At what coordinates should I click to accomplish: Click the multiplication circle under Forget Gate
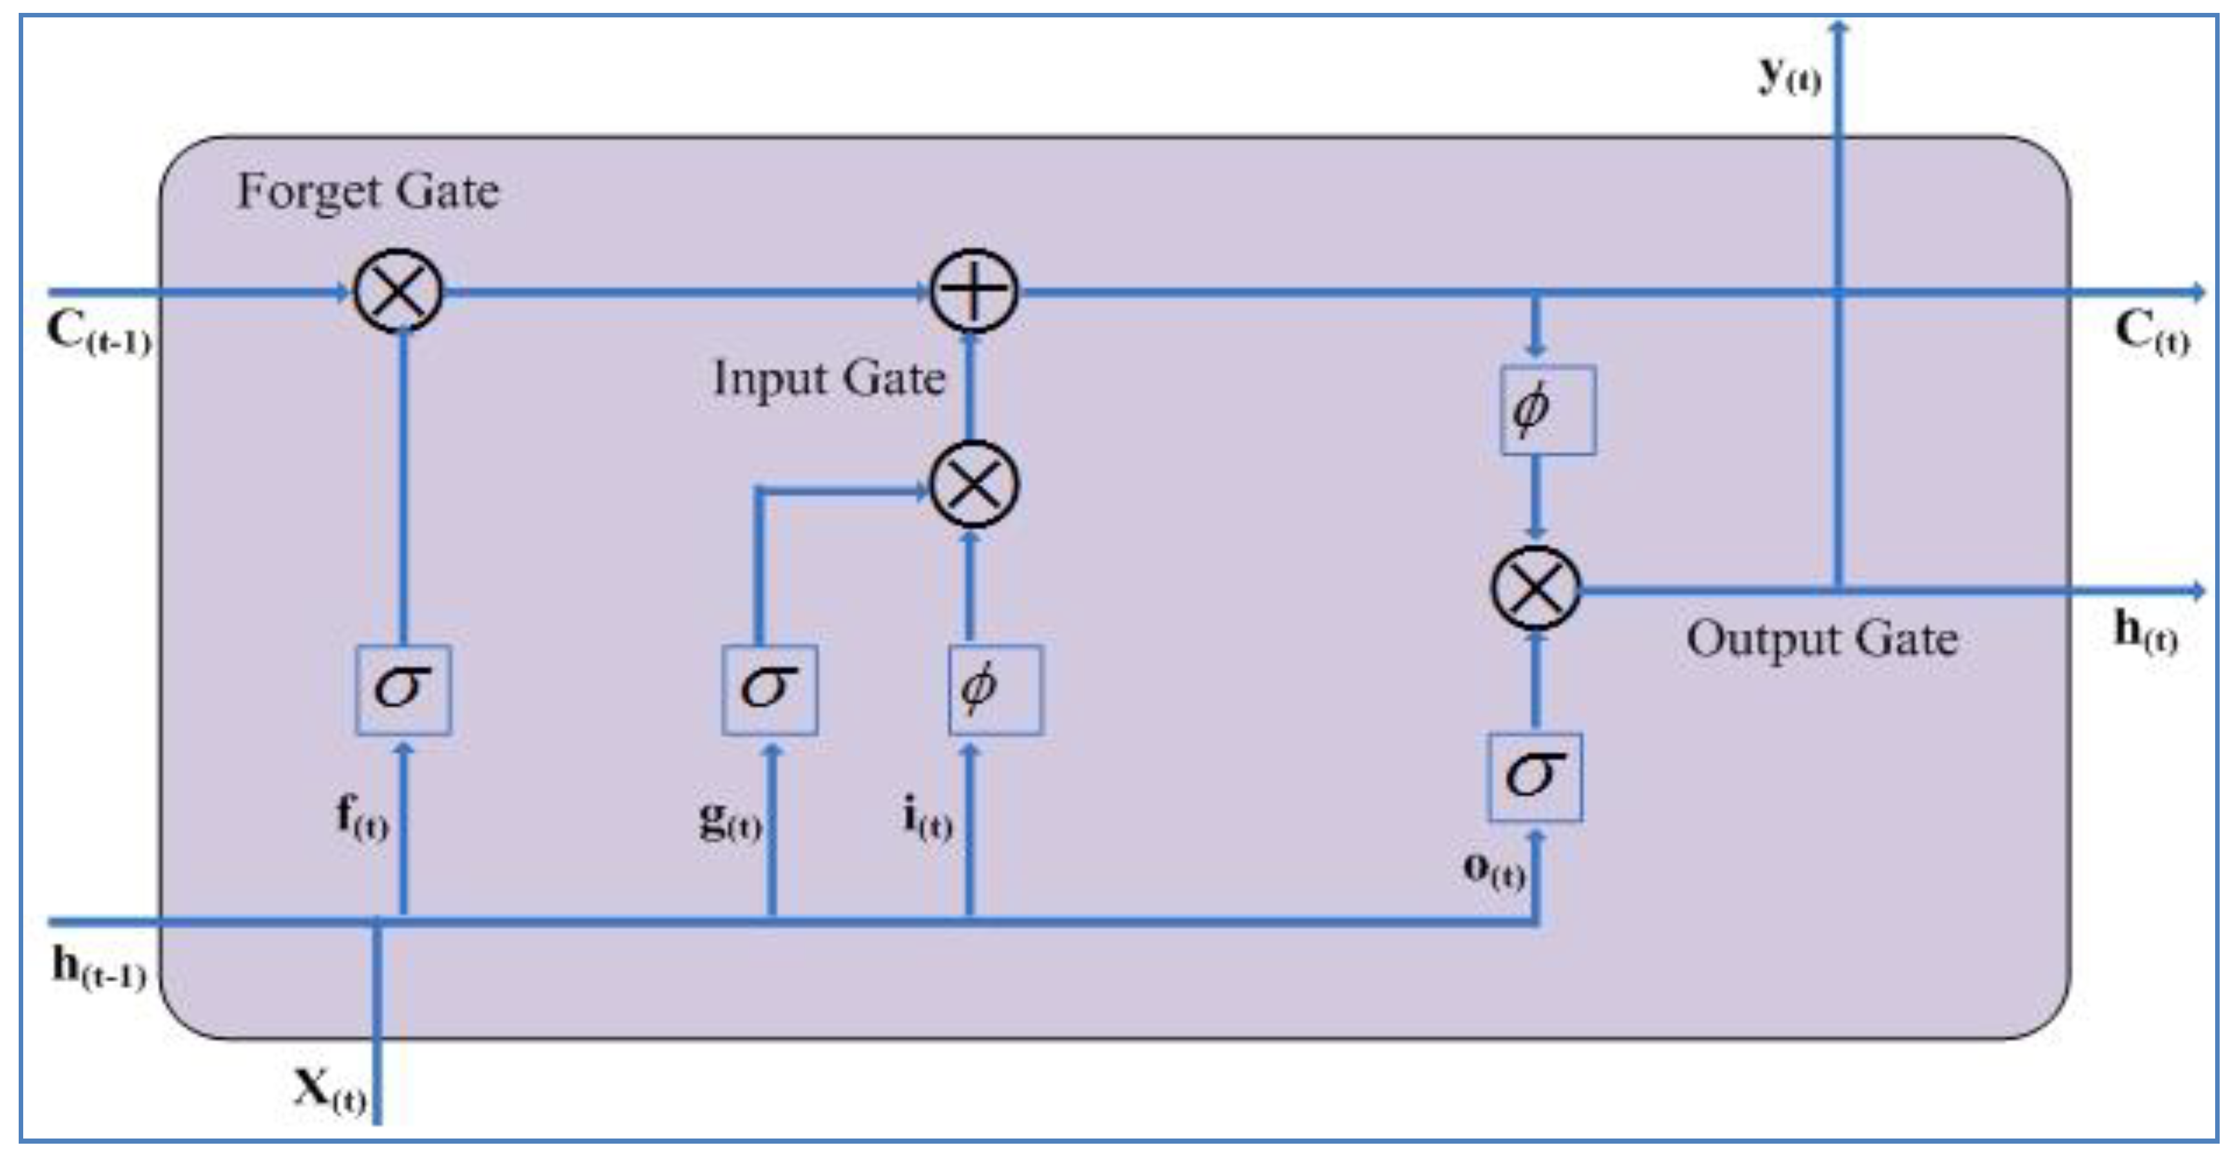pos(399,291)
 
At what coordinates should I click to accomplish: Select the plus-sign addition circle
pos(973,291)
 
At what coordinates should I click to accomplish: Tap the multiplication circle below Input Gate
pos(973,484)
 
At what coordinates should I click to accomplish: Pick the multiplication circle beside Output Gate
pos(1536,588)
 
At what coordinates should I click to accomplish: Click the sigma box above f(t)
pos(403,689)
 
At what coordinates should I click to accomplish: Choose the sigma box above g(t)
pos(770,689)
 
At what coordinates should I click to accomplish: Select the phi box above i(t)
pos(995,689)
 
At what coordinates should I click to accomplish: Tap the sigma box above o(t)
pos(1535,776)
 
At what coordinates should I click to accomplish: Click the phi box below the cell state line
pos(1547,409)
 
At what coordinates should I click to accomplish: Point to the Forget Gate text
pos(369,191)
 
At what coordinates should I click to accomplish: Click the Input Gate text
pos(828,379)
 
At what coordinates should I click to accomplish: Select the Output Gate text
pos(1823,640)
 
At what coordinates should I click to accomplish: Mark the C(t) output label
pos(2152,334)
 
